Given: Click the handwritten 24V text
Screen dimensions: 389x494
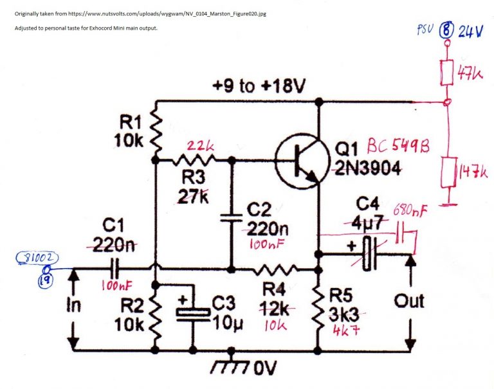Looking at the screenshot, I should coord(470,31).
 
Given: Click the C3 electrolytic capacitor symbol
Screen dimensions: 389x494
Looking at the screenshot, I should coord(193,311).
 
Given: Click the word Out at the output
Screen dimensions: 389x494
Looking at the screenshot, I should coord(409,301).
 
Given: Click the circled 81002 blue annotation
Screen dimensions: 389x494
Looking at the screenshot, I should coord(41,258).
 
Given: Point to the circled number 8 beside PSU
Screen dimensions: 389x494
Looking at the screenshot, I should coord(446,30).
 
